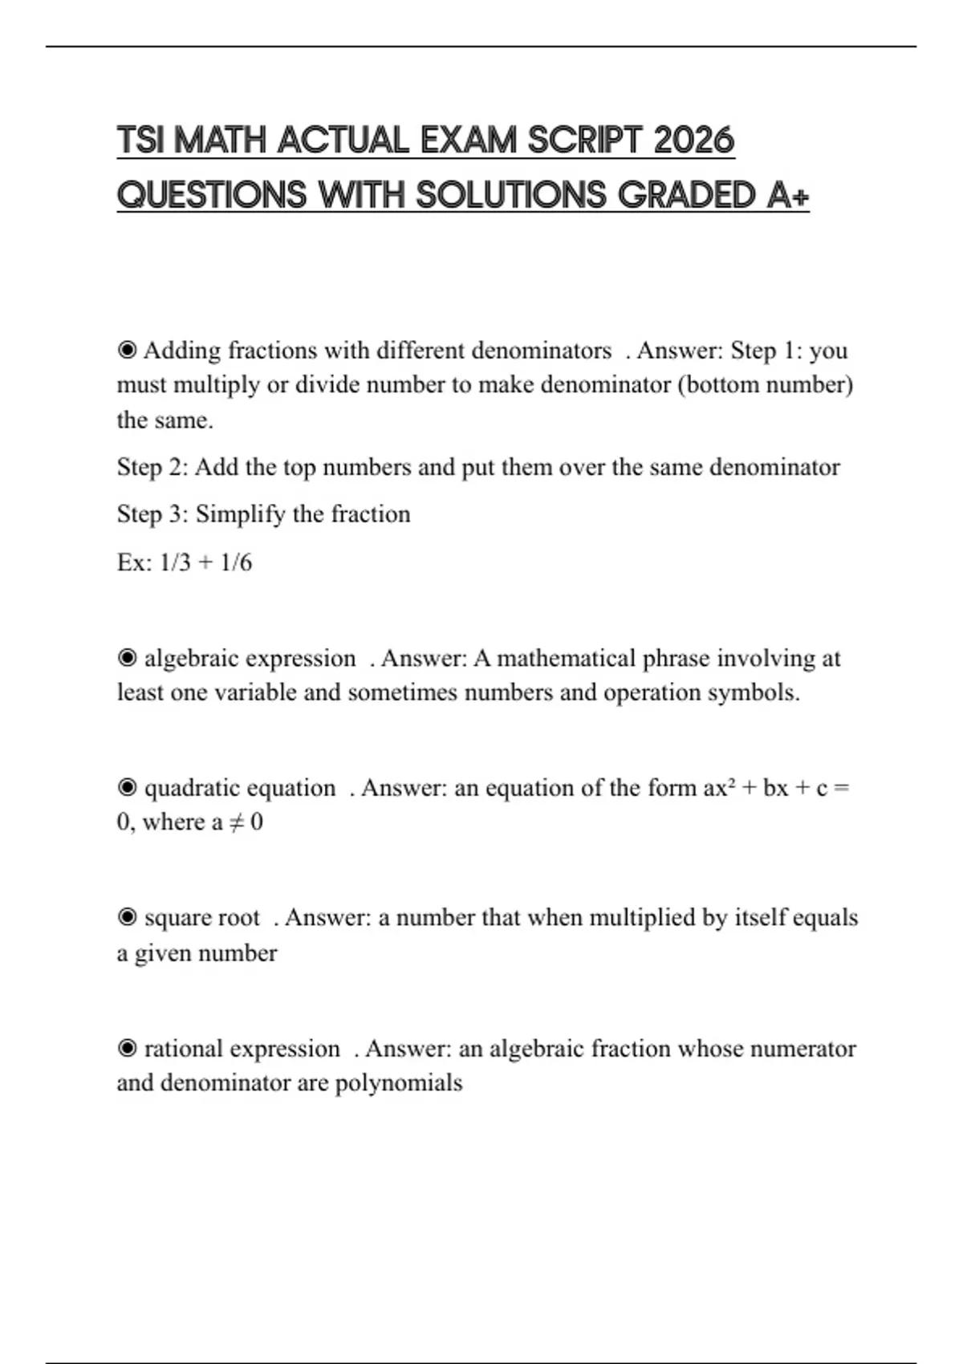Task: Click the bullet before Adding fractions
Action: (127, 351)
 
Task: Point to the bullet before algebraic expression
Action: (127, 659)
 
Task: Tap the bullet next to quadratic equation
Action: (127, 788)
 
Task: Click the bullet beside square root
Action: (127, 917)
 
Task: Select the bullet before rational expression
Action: (127, 1049)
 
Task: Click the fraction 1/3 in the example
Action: (175, 562)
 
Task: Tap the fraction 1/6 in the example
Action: (236, 562)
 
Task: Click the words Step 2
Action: (152, 467)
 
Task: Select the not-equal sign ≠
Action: (236, 822)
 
